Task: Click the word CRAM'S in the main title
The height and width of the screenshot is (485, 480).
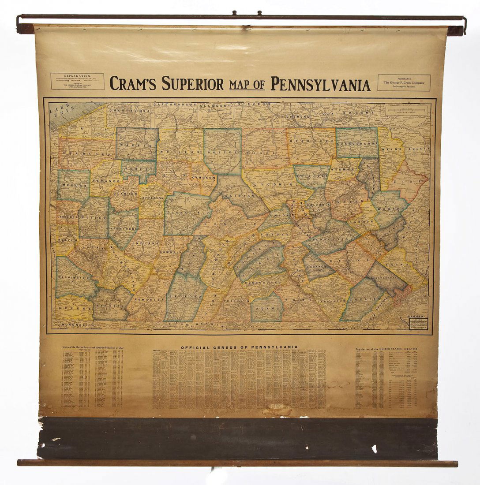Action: [134, 83]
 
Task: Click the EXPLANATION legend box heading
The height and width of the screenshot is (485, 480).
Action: [77, 76]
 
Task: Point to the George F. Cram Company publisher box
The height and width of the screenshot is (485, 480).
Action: [404, 82]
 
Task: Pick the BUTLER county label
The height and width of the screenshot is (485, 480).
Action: [94, 218]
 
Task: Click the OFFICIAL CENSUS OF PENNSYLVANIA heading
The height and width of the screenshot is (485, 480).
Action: [239, 347]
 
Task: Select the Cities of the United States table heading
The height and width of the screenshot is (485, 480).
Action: [92, 347]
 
